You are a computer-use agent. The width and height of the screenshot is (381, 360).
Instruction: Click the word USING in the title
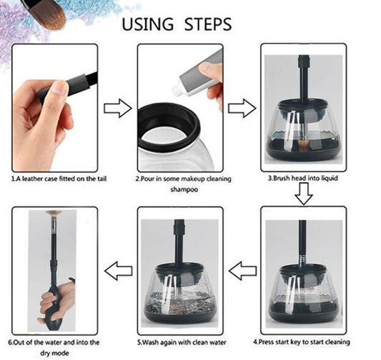point(149,24)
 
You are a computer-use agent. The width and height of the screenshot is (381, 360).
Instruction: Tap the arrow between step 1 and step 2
point(117,109)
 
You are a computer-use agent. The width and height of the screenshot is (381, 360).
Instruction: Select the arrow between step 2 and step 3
point(242,109)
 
